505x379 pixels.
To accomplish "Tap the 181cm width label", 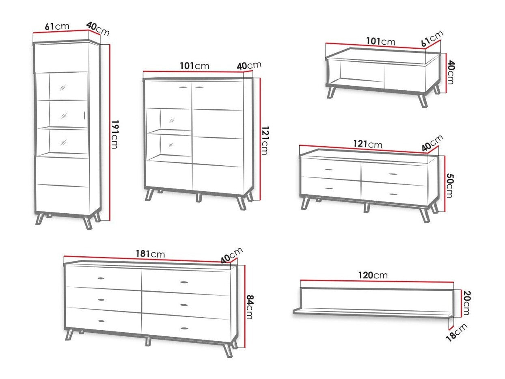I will [150, 254].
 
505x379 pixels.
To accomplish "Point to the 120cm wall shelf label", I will [373, 275].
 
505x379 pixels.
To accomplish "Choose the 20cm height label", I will [466, 303].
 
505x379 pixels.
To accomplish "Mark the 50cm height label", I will [449, 186].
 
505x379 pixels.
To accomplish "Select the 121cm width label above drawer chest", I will [368, 144].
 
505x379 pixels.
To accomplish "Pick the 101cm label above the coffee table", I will [381, 41].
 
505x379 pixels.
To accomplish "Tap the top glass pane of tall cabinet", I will [63, 86].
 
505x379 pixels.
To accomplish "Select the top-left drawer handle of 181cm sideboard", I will [100, 278].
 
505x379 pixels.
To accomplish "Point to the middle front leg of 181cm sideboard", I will [148, 341].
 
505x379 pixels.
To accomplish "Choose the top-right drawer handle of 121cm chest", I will [393, 174].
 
